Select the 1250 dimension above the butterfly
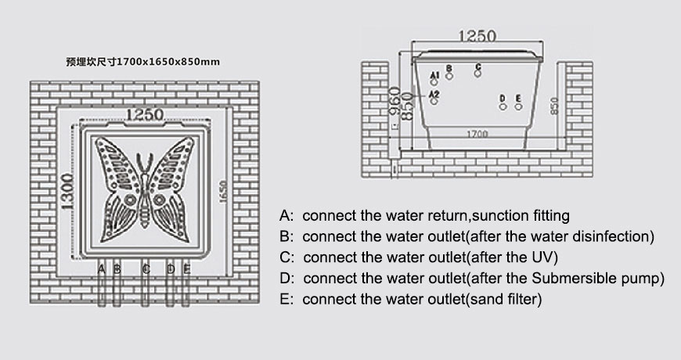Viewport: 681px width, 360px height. point(146,115)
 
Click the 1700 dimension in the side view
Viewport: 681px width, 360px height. point(477,134)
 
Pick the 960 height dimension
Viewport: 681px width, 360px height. point(396,100)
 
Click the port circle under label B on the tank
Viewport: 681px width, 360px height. point(449,75)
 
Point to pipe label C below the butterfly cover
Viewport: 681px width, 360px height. point(146,268)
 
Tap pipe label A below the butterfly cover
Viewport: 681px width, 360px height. point(102,268)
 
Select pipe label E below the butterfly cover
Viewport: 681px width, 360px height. point(186,268)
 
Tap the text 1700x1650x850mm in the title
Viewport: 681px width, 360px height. point(168,61)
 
